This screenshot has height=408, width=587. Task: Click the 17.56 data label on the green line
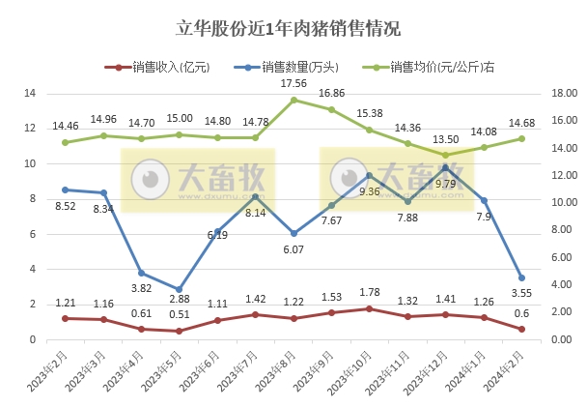[x=294, y=83]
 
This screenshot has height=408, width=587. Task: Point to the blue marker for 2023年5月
[x=179, y=289]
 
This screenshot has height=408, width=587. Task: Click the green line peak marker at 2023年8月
[x=293, y=101]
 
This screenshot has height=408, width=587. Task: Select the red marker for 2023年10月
[x=369, y=308]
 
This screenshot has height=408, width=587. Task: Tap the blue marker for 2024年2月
[x=521, y=277]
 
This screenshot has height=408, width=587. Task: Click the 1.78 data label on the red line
[x=370, y=293]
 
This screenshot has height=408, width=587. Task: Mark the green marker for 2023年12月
[x=445, y=155]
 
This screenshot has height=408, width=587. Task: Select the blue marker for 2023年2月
[x=65, y=189]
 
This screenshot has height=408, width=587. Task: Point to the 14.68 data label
[x=521, y=123]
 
